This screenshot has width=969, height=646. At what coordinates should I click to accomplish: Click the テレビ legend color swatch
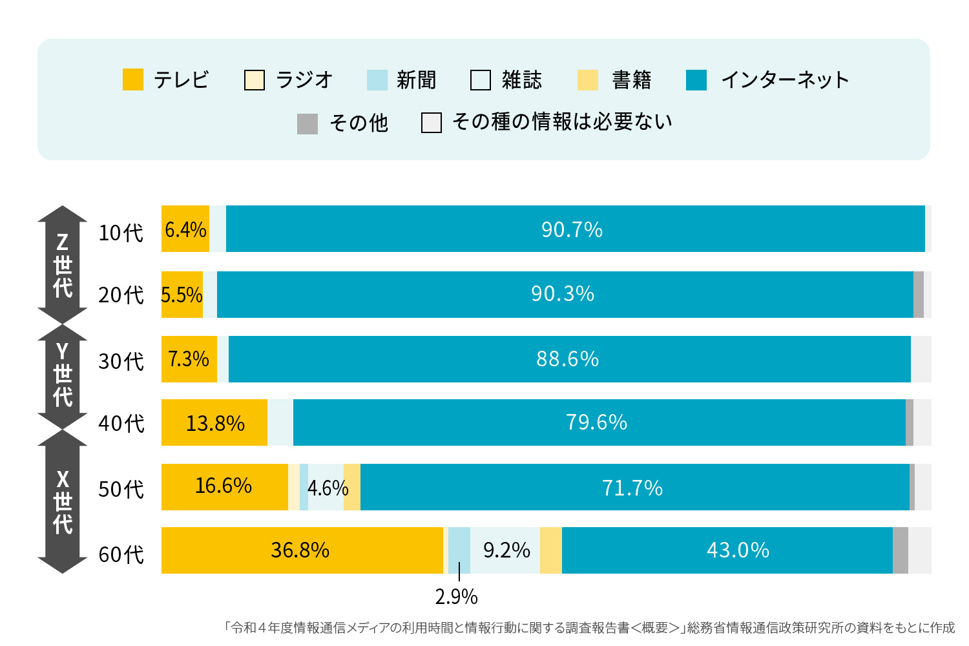[x=133, y=80]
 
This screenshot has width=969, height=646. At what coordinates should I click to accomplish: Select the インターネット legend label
[x=784, y=80]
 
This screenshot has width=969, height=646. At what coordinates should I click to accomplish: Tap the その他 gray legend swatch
[x=307, y=123]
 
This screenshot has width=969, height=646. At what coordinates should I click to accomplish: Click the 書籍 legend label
[x=631, y=80]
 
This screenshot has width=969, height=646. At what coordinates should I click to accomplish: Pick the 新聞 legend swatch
[x=377, y=80]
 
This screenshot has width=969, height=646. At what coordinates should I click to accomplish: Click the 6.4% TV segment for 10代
[x=185, y=229]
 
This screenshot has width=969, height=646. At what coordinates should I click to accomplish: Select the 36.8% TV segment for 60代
[x=301, y=550]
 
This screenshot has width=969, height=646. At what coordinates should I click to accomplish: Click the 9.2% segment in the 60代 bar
[x=506, y=550]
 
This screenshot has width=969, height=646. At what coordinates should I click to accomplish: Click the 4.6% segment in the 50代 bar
[x=327, y=488]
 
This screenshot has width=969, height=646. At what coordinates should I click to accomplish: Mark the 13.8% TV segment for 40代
[x=214, y=423]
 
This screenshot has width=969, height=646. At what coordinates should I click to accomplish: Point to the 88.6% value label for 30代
[x=568, y=359]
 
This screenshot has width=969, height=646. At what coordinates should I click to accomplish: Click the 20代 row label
[x=121, y=295]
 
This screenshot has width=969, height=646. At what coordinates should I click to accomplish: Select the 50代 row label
[x=121, y=489]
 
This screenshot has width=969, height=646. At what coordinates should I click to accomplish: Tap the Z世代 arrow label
[x=63, y=265]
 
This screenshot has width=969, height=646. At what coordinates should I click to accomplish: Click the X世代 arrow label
[x=63, y=501]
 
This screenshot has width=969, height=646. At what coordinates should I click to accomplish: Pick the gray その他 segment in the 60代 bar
[x=901, y=550]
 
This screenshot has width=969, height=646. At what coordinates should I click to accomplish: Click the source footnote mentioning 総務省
[x=589, y=628]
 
